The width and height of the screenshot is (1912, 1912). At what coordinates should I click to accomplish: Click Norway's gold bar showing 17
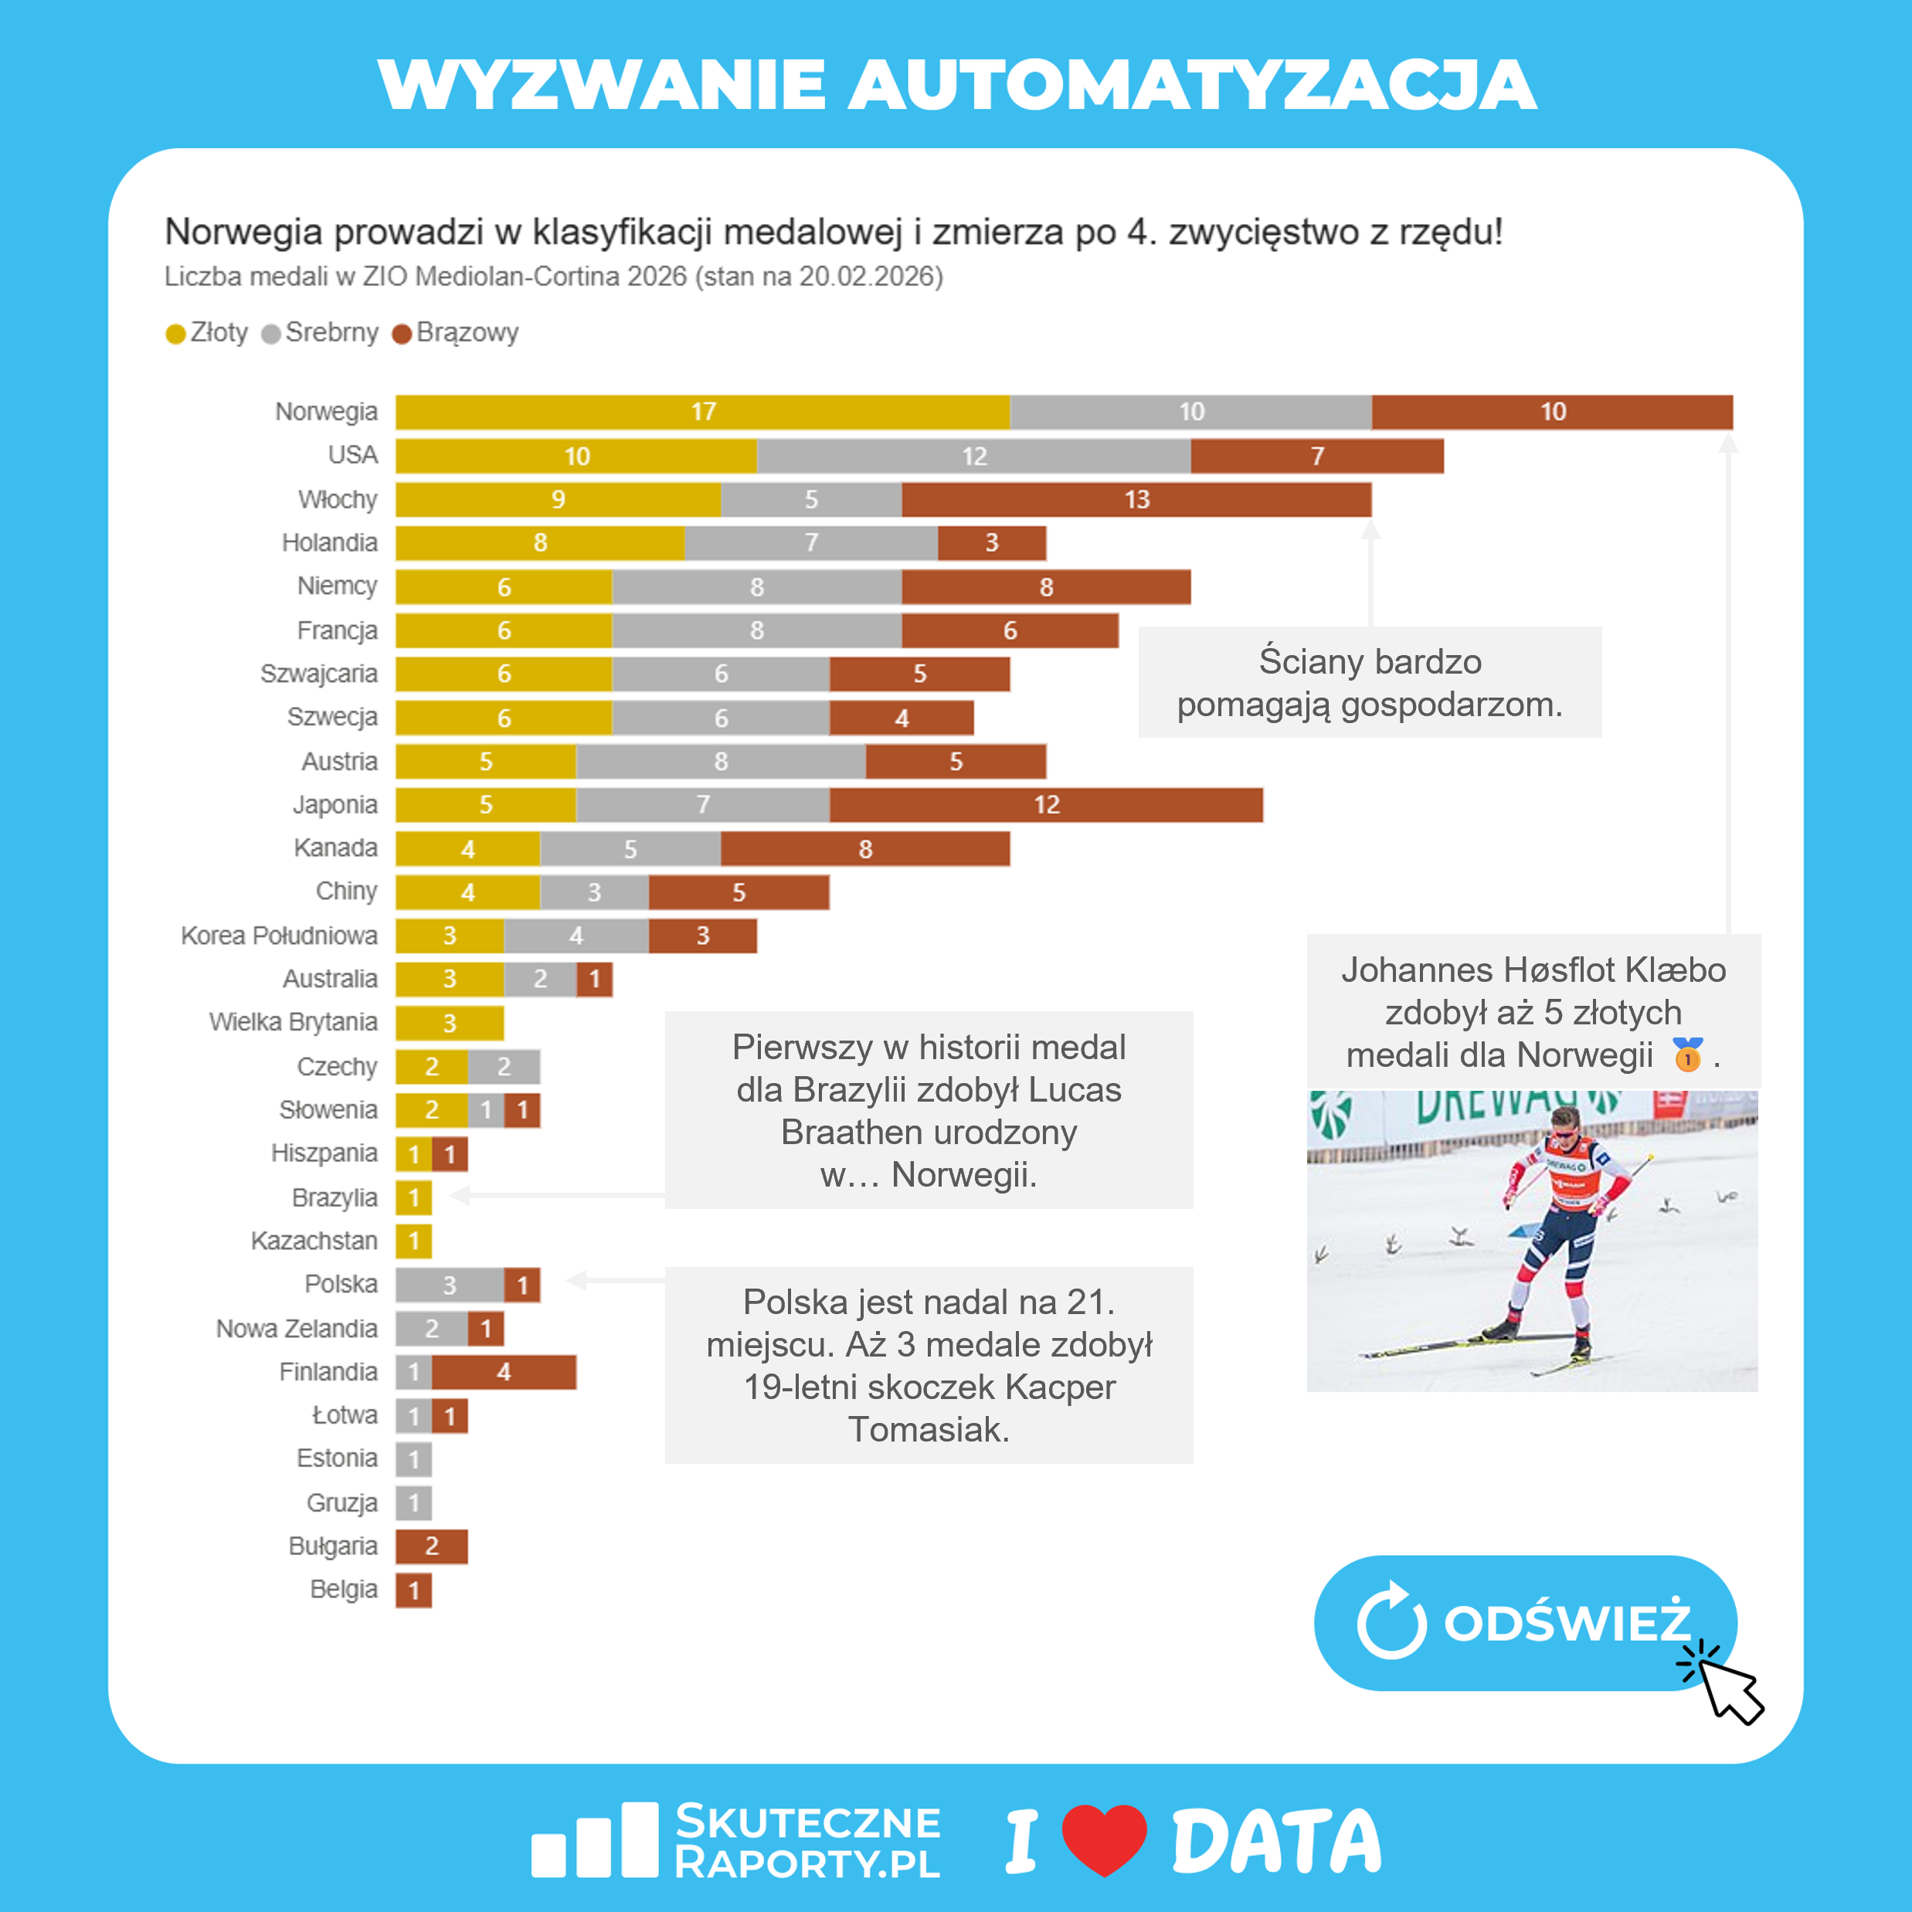point(703,412)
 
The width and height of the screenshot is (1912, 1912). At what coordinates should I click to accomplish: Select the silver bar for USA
point(974,457)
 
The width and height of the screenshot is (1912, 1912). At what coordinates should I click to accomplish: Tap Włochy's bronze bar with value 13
point(1136,500)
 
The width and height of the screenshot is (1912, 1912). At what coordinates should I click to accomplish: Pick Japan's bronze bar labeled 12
point(1046,804)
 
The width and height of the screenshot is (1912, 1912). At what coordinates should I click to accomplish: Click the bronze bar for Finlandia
point(504,1373)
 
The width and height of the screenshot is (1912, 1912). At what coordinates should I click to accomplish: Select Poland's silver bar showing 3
point(450,1285)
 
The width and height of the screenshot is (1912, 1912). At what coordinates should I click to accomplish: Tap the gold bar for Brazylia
point(413,1197)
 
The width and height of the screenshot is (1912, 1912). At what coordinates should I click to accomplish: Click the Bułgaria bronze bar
point(432,1546)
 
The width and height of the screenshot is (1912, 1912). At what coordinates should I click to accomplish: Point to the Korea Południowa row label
point(279,936)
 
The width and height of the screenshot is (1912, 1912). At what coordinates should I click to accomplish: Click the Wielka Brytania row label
point(293,1021)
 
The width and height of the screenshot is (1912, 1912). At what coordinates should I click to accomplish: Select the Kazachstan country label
point(314,1240)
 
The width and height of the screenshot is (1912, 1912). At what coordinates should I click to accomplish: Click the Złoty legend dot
point(176,334)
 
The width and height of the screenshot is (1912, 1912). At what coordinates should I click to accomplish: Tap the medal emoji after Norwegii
point(1687,1055)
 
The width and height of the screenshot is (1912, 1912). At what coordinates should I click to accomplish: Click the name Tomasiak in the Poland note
point(929,1429)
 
